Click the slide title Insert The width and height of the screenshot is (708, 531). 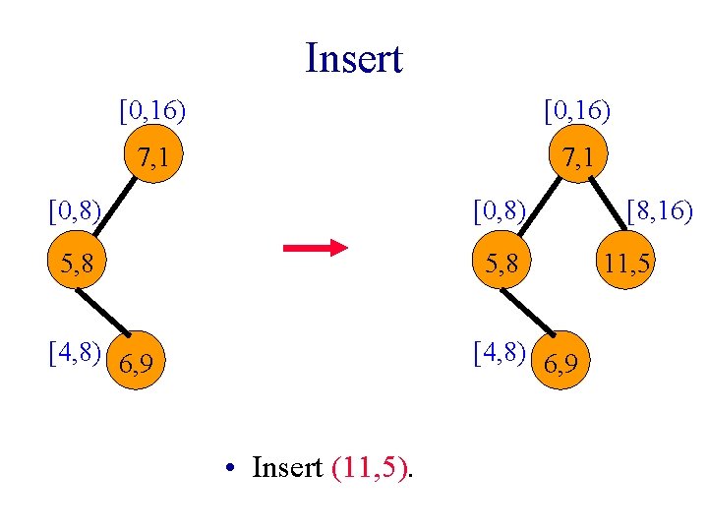click(354, 58)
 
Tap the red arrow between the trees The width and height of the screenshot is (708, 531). click(315, 247)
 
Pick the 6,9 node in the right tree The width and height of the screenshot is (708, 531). click(565, 365)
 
